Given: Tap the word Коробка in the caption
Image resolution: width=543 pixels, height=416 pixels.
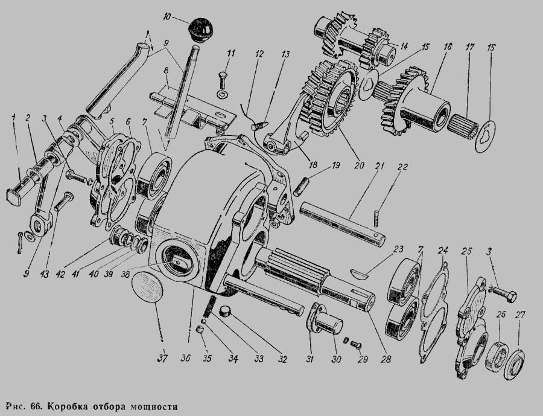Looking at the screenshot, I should coord(67,405).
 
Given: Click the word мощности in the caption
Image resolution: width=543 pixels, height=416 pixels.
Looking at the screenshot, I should coord(154,405).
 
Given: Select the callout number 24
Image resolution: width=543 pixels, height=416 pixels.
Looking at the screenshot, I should coord(443,249).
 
